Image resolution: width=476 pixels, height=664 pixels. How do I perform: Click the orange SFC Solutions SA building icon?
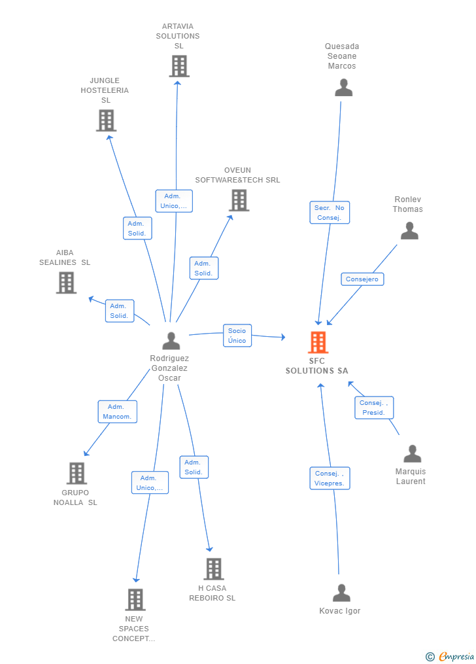click(318, 342)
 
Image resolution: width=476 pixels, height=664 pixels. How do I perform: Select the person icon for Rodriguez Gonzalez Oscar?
click(171, 341)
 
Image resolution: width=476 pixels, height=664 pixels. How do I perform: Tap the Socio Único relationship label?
click(237, 336)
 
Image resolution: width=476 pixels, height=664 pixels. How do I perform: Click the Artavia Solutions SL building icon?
click(178, 66)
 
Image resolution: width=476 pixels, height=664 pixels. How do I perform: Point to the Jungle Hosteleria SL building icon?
click(106, 120)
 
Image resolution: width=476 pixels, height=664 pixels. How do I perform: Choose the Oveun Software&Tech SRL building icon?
click(239, 200)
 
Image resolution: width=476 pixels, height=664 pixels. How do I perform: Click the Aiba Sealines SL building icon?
click(66, 283)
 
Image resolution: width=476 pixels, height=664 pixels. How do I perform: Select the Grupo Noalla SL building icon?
click(76, 473)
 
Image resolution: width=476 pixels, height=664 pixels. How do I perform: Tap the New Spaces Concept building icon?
click(135, 599)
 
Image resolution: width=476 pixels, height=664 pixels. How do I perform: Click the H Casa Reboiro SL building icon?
click(213, 569)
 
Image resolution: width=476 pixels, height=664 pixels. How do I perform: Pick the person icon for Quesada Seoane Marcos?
click(343, 88)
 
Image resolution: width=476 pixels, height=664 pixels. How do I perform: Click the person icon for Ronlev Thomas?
click(409, 231)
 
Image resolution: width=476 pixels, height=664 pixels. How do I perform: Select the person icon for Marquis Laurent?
click(412, 454)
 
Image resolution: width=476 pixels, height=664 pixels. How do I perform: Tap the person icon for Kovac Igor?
click(341, 593)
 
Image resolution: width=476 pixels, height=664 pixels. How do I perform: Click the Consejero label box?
click(362, 279)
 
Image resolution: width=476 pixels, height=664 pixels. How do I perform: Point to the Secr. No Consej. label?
click(330, 213)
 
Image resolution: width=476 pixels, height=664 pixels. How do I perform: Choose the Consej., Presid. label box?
click(374, 408)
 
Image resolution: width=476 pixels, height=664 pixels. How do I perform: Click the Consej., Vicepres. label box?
click(330, 478)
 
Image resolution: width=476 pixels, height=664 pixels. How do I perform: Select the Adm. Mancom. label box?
click(117, 411)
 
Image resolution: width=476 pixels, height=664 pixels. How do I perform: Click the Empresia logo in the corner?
click(450, 656)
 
